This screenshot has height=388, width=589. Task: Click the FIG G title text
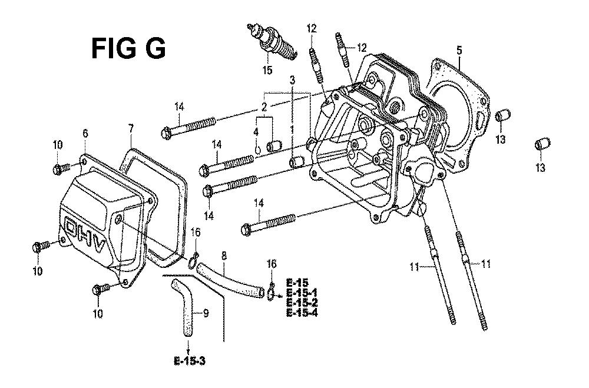click(x=128, y=49)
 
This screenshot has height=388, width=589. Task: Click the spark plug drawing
click(x=272, y=41)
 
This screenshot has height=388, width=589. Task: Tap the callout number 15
click(x=267, y=70)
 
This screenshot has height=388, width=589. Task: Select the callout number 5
click(x=459, y=50)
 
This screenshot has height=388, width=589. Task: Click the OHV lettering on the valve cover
click(x=85, y=236)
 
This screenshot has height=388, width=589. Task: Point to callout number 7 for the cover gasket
click(x=130, y=129)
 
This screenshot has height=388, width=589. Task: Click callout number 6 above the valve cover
click(x=85, y=133)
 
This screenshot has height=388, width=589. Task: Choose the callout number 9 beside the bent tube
click(x=206, y=312)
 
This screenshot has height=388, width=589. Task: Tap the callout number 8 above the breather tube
click(x=224, y=256)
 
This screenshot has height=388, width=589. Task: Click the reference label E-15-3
click(x=190, y=362)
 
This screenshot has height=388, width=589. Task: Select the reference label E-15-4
click(x=302, y=313)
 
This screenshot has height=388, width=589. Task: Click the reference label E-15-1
click(x=302, y=293)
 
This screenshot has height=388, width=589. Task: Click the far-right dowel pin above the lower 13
click(x=543, y=144)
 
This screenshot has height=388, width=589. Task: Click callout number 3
click(x=292, y=79)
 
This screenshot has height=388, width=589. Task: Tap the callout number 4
click(x=256, y=132)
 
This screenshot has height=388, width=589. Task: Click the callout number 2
click(x=264, y=107)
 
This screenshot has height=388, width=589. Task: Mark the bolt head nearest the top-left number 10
click(x=58, y=170)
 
